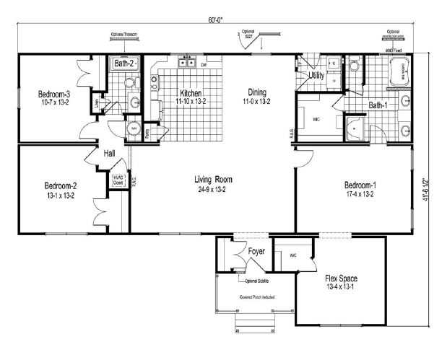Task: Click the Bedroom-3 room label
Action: tap(53, 94)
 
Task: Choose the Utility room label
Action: tap(316, 75)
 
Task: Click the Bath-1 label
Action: tap(378, 105)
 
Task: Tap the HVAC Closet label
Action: tap(118, 180)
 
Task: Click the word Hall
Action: tap(109, 153)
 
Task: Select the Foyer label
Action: tap(258, 253)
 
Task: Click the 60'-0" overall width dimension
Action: tap(228, 20)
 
